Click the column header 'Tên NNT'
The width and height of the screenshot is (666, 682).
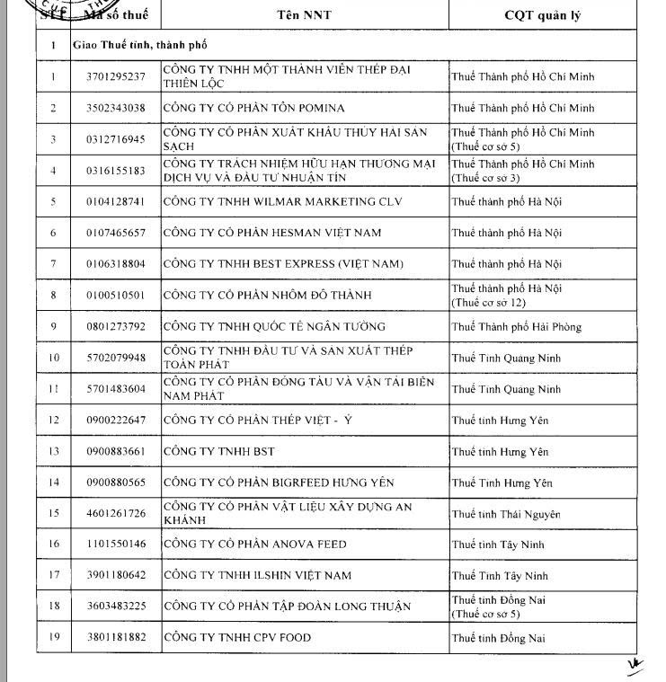coord(304,15)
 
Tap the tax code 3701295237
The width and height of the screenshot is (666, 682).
coord(115,76)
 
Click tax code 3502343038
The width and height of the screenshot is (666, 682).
coord(115,108)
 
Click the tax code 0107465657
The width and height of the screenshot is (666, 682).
coord(115,233)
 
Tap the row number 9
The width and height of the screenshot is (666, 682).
coord(53,326)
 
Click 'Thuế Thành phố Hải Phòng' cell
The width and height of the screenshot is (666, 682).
coord(516,326)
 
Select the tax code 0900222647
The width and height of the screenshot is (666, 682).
coord(115,420)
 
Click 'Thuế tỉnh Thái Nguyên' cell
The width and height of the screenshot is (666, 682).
coord(506,514)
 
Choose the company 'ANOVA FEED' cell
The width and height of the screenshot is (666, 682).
coord(254,545)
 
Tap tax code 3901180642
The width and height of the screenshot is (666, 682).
coord(115,575)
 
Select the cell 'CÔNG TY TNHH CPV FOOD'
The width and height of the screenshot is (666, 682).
coord(236,638)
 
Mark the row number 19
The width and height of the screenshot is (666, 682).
coord(53,638)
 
